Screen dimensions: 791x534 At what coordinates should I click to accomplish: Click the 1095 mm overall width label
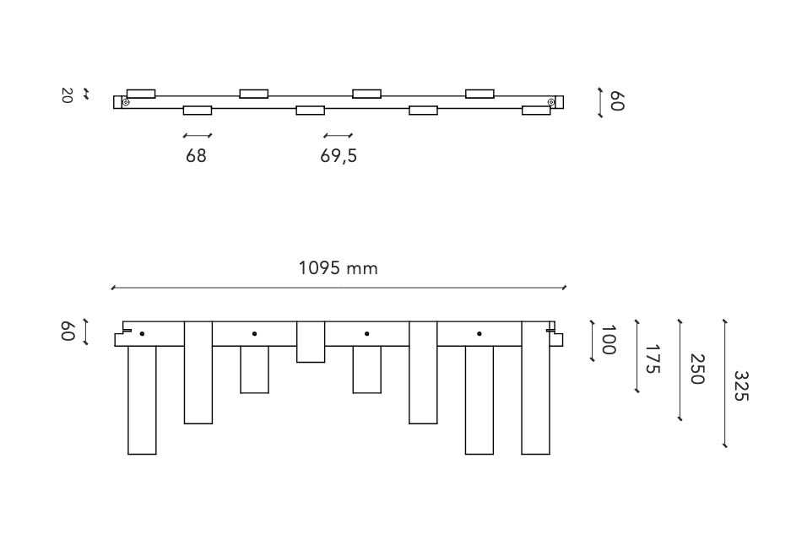click(338, 267)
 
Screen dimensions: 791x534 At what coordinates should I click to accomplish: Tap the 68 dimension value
click(196, 156)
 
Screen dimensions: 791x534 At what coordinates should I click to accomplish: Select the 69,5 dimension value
click(339, 156)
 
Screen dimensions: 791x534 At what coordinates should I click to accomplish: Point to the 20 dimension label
click(67, 95)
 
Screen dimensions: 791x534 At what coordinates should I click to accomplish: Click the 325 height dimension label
click(740, 386)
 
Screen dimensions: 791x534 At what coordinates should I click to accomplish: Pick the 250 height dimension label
click(696, 369)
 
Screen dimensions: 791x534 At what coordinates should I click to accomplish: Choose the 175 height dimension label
click(653, 359)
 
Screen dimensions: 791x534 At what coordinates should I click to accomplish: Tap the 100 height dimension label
click(608, 340)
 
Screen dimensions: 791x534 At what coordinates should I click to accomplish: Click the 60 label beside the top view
click(617, 101)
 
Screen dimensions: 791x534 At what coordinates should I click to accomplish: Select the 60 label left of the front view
click(68, 332)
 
